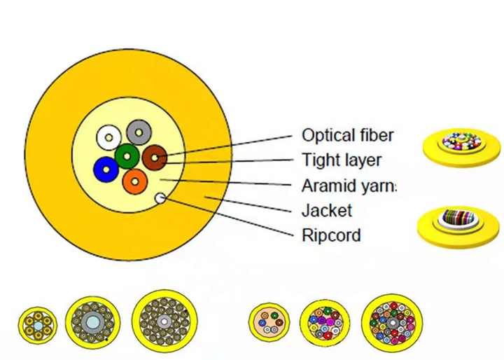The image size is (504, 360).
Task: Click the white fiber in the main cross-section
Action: (108, 136)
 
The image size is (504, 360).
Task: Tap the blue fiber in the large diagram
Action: (106, 168)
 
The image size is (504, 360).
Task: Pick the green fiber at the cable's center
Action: (127, 155)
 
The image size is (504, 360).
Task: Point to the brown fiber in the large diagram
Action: (155, 158)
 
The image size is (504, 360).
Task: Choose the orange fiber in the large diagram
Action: (134, 181)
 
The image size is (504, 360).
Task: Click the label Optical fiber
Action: (347, 135)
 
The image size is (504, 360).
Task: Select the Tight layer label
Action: (342, 160)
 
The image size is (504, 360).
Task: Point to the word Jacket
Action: (326, 210)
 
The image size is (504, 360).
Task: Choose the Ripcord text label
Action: (331, 235)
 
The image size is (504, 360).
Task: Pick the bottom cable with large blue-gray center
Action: (92, 321)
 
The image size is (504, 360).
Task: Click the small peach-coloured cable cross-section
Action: (268, 322)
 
